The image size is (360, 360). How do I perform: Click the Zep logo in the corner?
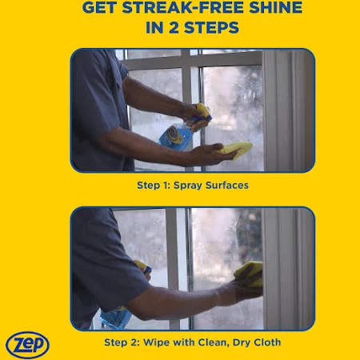(27, 345)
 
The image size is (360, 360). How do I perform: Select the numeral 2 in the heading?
(174, 27)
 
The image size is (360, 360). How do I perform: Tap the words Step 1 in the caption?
(154, 186)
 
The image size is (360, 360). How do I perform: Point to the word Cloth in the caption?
(267, 342)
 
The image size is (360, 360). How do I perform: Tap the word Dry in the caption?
(242, 342)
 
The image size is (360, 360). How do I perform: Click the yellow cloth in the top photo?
(234, 151)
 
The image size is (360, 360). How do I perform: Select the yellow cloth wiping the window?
(250, 274)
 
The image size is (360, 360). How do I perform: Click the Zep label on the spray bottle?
(174, 134)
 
